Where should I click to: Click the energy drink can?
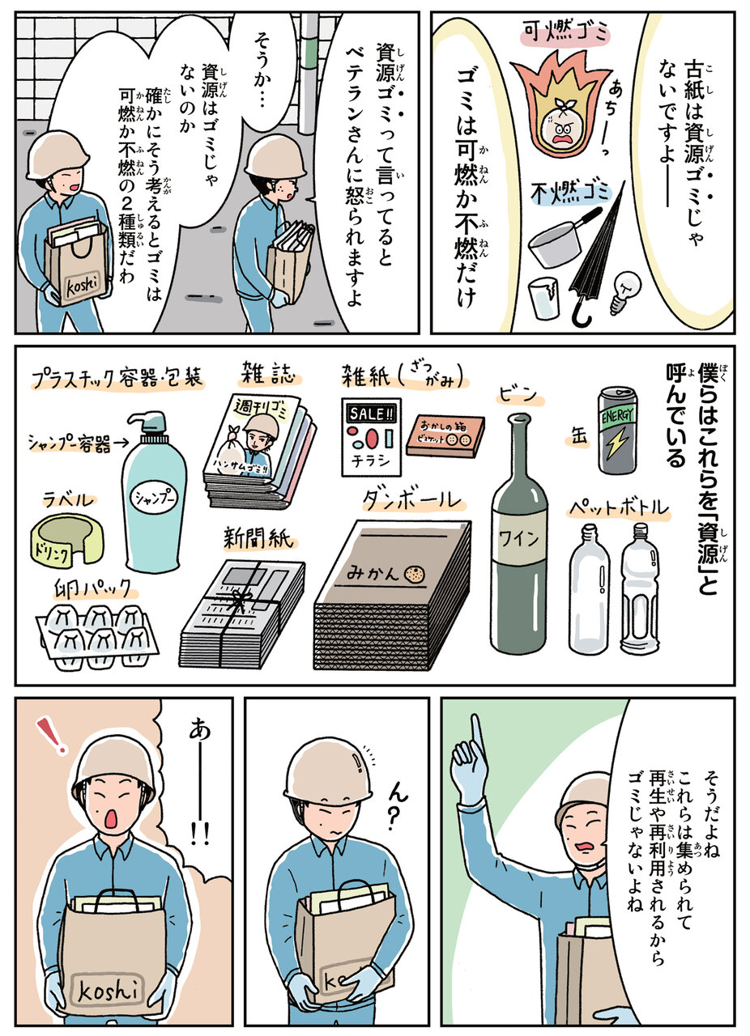(618, 431)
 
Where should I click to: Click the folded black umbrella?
(597, 252)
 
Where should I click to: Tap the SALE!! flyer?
(371, 436)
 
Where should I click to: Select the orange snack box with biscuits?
(445, 435)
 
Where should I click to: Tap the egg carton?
(96, 637)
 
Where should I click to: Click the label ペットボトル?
(619, 509)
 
